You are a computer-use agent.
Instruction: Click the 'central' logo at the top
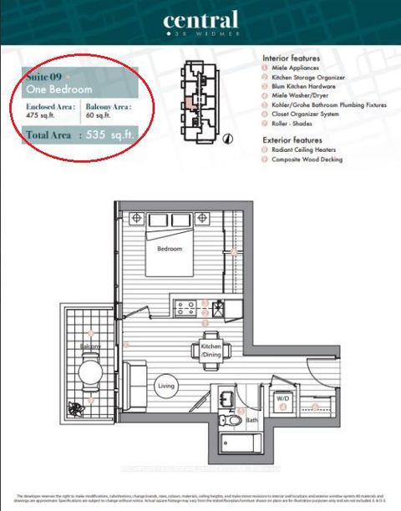(x=200, y=20)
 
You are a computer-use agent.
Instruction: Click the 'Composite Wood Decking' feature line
(x=307, y=159)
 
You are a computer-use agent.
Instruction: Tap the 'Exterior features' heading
(x=292, y=139)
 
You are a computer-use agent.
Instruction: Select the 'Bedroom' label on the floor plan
(x=170, y=248)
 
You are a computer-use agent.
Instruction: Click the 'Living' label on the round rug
(x=165, y=385)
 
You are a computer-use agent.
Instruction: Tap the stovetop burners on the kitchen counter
(x=185, y=308)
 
